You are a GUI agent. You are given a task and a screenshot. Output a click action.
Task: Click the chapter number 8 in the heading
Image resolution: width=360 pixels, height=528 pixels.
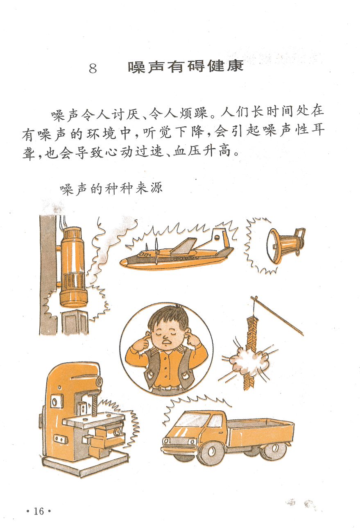(93, 68)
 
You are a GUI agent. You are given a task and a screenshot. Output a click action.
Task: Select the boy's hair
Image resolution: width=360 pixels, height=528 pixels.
(169, 316)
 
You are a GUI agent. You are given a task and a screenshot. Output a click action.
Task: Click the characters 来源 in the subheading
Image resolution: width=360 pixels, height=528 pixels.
(149, 189)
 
